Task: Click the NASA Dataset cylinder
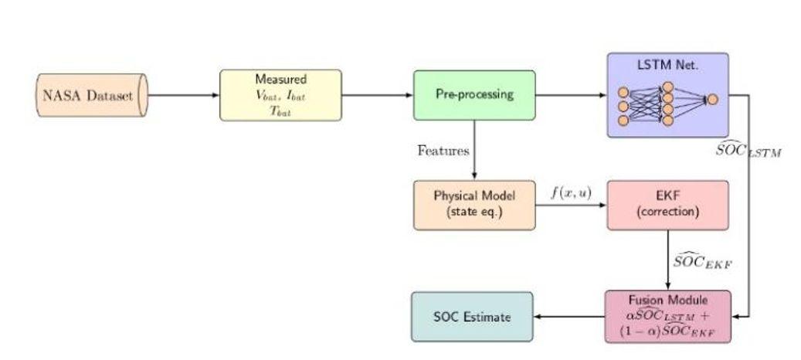tap(91, 95)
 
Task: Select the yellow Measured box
tap(280, 95)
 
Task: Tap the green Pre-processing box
tap(473, 95)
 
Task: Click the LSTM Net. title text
tap(667, 66)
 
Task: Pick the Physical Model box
tap(473, 205)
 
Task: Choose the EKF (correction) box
tap(667, 205)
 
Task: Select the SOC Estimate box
tap(472, 316)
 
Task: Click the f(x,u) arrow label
tap(570, 192)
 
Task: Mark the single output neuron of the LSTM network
tap(711, 99)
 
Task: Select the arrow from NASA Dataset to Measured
tap(183, 95)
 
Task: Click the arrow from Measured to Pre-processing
tap(377, 95)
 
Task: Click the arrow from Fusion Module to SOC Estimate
tap(569, 316)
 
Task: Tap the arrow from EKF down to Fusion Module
tap(667, 260)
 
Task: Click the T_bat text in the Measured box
tap(280, 110)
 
